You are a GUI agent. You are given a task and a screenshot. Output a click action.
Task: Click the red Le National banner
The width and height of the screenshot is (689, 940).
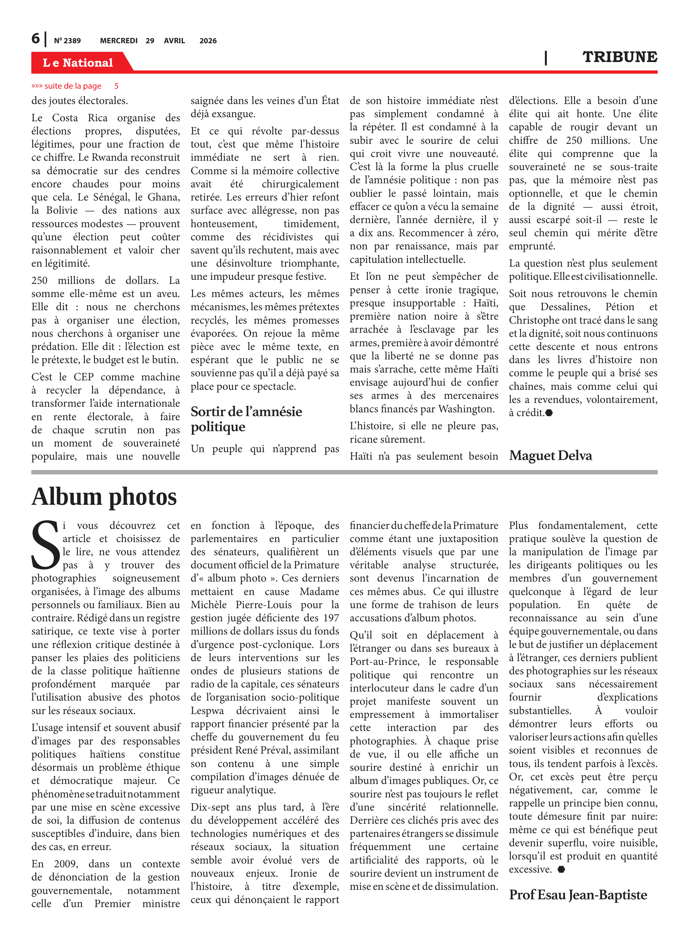(x=78, y=63)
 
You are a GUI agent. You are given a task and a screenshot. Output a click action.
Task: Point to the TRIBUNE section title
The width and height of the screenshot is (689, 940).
(x=619, y=57)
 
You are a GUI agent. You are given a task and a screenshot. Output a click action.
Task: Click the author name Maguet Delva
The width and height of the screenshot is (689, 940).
(x=550, y=455)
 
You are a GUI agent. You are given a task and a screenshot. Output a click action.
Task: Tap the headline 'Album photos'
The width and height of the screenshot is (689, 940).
(x=104, y=497)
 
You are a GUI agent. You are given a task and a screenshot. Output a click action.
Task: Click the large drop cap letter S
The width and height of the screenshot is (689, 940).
(x=45, y=545)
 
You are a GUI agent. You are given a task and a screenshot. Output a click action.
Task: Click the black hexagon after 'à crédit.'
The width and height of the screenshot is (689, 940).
(x=549, y=413)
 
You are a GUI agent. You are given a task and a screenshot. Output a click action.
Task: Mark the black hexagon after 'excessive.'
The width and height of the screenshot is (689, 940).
(x=561, y=869)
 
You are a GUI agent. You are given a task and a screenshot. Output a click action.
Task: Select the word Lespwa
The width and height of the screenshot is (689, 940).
(x=207, y=711)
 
